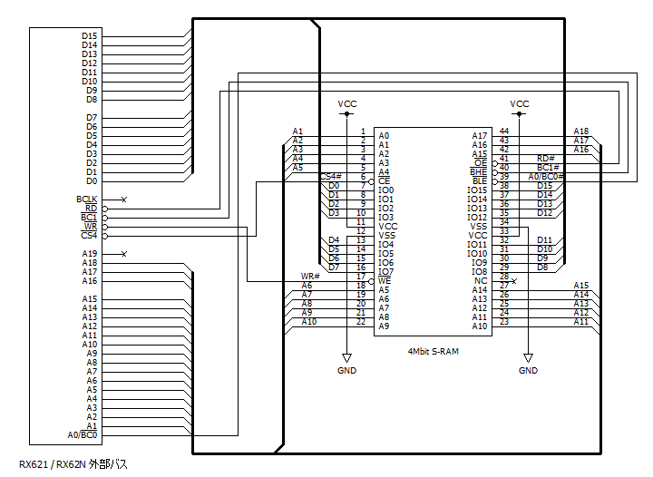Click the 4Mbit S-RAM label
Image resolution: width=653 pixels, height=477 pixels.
click(x=434, y=352)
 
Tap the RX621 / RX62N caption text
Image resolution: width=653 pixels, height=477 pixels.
click(x=73, y=464)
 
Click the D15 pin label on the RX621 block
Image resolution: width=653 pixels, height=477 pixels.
click(x=90, y=36)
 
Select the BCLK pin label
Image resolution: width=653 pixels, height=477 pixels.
click(x=87, y=200)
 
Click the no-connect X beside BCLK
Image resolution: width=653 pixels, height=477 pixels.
click(x=123, y=200)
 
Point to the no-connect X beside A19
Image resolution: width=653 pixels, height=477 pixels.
click(x=123, y=254)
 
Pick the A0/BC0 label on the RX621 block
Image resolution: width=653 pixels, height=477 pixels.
click(x=83, y=435)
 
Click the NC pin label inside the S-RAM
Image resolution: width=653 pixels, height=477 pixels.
click(x=481, y=281)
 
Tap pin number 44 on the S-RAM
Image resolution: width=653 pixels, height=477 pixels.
click(x=504, y=131)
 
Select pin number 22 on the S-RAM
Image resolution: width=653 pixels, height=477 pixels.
click(x=361, y=321)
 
